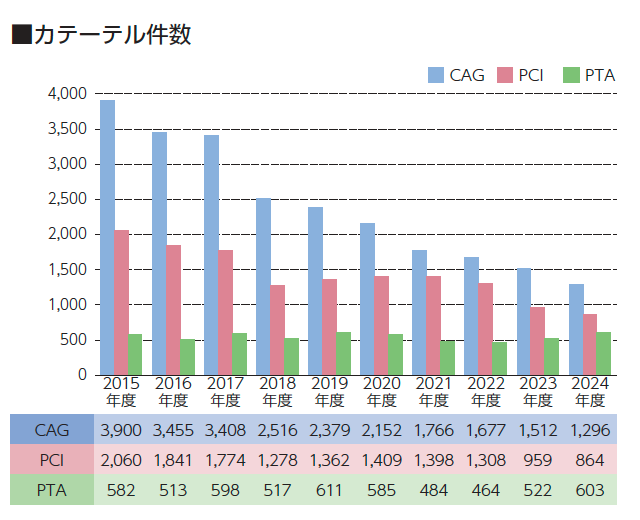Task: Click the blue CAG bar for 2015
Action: (107, 237)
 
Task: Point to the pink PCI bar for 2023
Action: (538, 341)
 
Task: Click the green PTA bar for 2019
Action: (343, 353)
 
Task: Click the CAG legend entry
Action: (456, 75)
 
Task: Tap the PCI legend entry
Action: (524, 75)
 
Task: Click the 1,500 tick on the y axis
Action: (68, 269)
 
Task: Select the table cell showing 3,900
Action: (121, 430)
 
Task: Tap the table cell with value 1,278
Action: (277, 459)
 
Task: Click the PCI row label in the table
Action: (51, 459)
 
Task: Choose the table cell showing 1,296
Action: (589, 430)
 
